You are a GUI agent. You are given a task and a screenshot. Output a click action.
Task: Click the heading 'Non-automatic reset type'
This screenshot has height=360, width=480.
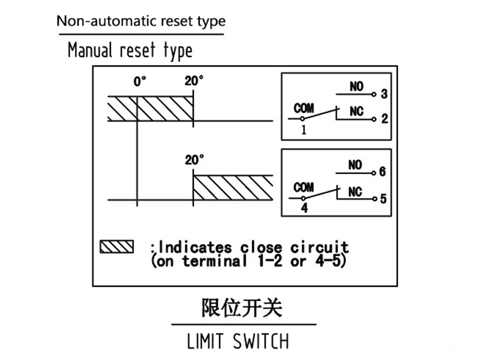point(141,21)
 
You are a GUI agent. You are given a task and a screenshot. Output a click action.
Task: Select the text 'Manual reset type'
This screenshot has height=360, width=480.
point(130,50)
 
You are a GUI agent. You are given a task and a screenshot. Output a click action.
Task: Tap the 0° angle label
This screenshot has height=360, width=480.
point(140,82)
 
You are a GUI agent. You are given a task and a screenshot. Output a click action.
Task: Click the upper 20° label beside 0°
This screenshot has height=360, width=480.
point(194,82)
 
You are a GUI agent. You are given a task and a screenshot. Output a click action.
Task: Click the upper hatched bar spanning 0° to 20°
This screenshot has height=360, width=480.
point(150,107)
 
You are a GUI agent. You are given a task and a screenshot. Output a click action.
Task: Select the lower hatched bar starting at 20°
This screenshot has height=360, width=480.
point(233,187)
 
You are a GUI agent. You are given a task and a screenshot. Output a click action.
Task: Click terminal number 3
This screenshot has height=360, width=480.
point(385,95)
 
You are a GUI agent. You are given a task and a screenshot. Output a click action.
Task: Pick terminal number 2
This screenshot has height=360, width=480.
point(385,119)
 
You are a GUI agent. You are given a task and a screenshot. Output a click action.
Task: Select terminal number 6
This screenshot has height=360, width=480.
point(383,172)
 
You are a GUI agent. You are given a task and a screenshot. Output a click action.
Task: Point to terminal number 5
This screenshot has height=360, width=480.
point(383,197)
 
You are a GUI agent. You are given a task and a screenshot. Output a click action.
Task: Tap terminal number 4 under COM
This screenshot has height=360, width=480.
point(304,209)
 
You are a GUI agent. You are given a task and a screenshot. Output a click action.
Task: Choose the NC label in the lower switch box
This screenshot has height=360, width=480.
point(355,191)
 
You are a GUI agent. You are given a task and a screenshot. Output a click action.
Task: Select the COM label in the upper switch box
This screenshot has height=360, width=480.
point(304,109)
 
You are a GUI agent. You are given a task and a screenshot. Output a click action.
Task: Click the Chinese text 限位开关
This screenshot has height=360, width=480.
point(241,308)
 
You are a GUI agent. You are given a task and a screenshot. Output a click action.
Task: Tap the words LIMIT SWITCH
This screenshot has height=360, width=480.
point(238,342)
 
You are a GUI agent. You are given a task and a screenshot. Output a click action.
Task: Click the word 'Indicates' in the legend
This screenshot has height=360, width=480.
point(197,247)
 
